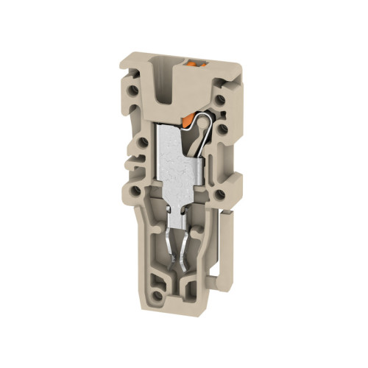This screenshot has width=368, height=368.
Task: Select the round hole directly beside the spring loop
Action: coord(220,130)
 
